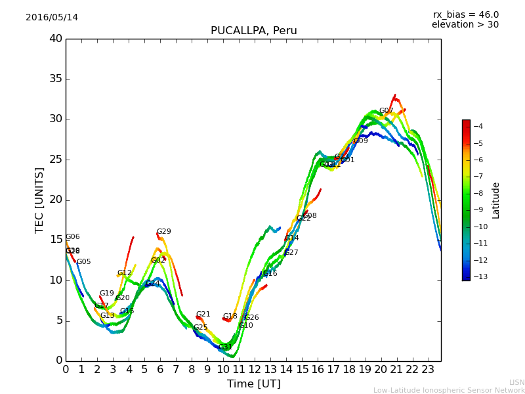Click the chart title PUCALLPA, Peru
[x=253, y=31]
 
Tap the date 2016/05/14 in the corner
[x=52, y=18]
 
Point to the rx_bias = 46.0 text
[x=465, y=15]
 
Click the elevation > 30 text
[x=465, y=25]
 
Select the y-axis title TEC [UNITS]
[x=40, y=200]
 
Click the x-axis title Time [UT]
[x=253, y=383]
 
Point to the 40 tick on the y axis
[x=56, y=39]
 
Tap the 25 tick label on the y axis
[x=56, y=160]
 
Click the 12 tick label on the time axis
[x=255, y=370]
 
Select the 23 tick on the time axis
[x=428, y=370]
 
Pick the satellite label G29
[x=163, y=232]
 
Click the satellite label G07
[x=387, y=111]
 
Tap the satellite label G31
[x=225, y=347]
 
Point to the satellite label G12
[x=124, y=273]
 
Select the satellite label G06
[x=72, y=237]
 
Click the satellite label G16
[x=270, y=274]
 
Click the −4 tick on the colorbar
[x=478, y=127]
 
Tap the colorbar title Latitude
[x=496, y=200]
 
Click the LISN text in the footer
[x=516, y=382]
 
